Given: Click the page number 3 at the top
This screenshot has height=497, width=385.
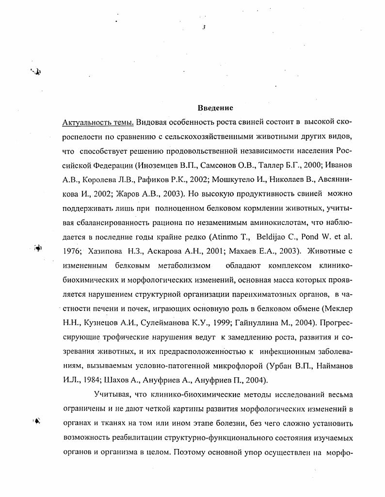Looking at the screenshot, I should [204, 28].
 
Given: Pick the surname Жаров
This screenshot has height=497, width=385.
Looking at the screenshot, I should [112, 193].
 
